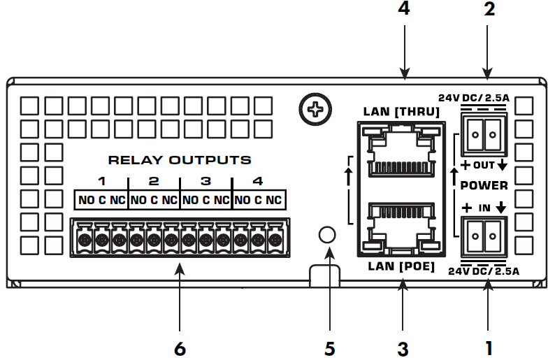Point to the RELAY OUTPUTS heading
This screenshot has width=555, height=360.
click(x=180, y=160)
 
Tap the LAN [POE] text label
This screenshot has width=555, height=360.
click(x=401, y=267)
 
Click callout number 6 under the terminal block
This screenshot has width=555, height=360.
click(x=180, y=347)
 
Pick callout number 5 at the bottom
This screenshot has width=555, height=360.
click(x=329, y=347)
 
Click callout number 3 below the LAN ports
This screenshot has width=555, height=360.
click(x=402, y=347)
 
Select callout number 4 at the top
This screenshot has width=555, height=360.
click(x=403, y=10)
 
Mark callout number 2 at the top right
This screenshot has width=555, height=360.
click(x=489, y=10)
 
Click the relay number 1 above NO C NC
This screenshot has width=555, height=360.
click(x=101, y=182)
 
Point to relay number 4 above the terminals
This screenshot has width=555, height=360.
click(x=258, y=182)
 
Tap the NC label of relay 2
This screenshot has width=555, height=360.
click(x=170, y=201)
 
